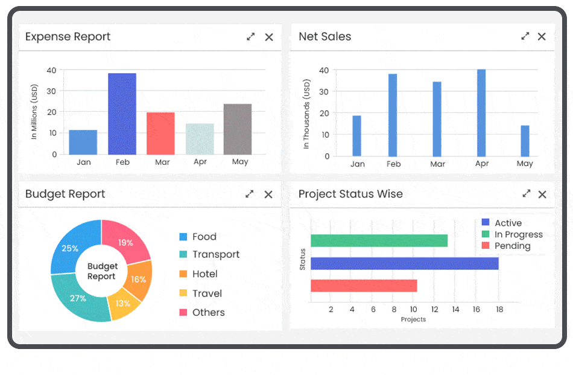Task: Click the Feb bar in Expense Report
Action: [122, 114]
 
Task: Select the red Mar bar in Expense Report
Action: [160, 133]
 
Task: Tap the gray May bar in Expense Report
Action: [238, 129]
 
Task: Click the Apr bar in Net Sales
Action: [481, 113]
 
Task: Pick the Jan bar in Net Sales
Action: [356, 136]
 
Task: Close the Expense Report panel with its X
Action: [269, 37]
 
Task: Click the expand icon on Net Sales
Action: [525, 36]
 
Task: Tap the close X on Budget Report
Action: [268, 194]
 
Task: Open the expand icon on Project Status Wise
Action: [527, 194]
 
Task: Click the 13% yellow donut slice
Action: [123, 304]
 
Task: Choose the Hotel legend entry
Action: [198, 274]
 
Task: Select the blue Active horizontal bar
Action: [404, 263]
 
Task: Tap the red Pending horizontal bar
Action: [364, 286]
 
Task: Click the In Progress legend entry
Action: [512, 234]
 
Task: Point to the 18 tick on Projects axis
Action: [499, 309]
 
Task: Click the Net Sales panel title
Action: [324, 37]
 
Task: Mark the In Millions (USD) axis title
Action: [34, 112]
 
